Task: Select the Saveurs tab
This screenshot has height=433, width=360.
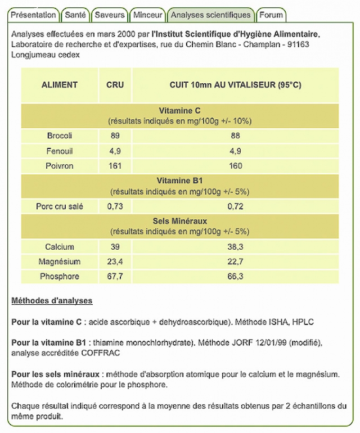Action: click(x=110, y=15)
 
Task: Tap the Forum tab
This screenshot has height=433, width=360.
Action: click(x=272, y=15)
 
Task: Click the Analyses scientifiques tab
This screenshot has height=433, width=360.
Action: click(x=211, y=15)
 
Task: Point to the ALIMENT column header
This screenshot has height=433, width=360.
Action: click(x=60, y=85)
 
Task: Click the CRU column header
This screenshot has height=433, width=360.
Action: click(x=115, y=85)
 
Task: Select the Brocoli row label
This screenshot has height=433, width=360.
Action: click(x=60, y=136)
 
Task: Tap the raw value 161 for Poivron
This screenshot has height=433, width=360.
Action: click(x=115, y=166)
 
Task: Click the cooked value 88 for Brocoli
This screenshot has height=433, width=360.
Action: click(x=235, y=136)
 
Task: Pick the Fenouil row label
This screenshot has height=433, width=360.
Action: click(x=60, y=151)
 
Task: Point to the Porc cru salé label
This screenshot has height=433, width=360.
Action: click(x=60, y=206)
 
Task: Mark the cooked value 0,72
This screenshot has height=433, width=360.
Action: click(x=235, y=206)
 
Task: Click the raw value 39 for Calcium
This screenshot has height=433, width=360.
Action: click(x=115, y=247)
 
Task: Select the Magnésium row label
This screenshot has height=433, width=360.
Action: click(x=60, y=261)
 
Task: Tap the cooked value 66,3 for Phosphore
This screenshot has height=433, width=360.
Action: click(x=235, y=276)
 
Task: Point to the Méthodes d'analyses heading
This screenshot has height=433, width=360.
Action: click(x=52, y=301)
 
